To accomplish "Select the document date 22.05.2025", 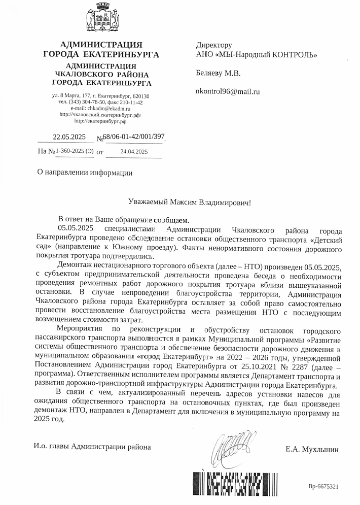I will point(69,137).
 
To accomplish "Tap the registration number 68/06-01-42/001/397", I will point(134,137).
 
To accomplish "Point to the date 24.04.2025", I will point(134,151).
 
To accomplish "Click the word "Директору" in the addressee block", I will point(214,45).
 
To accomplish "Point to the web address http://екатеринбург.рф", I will point(100,121).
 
